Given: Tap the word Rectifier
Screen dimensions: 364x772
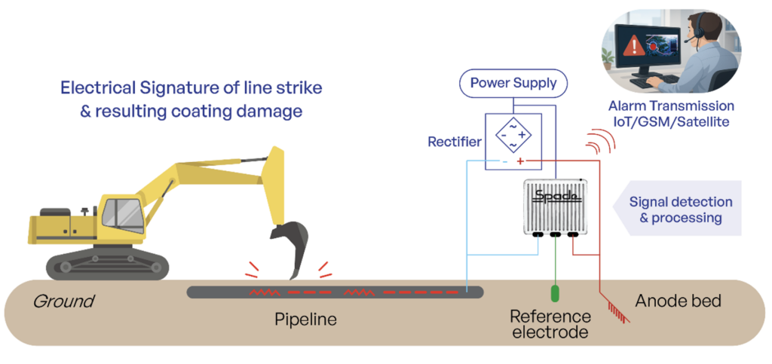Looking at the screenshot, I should (x=455, y=141).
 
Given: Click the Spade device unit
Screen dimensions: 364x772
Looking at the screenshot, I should (x=556, y=206).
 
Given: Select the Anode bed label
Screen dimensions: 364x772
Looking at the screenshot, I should (x=679, y=301).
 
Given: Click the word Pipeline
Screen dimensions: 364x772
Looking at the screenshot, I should (x=305, y=320).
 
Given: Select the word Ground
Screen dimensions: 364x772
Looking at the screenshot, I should (x=63, y=301).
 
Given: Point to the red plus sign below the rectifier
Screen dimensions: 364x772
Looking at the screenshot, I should (x=520, y=161).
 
